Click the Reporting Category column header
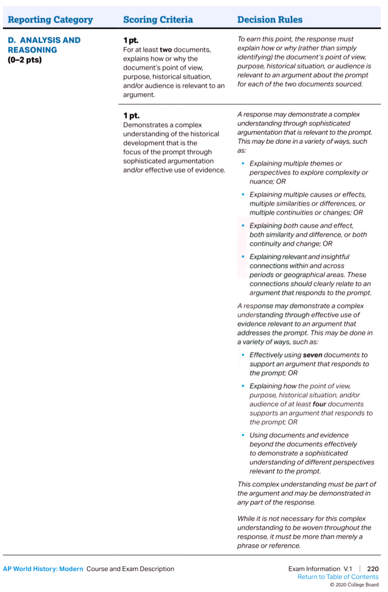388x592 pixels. [x=50, y=20]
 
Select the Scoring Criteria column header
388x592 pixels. [x=158, y=20]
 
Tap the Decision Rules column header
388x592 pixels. [x=270, y=20]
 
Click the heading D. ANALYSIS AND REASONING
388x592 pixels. [x=44, y=45]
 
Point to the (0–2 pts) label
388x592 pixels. [x=25, y=60]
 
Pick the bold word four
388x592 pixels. [x=320, y=404]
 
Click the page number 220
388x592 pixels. [x=372, y=569]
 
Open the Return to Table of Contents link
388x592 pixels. [x=338, y=577]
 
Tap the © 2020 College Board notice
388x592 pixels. [x=354, y=585]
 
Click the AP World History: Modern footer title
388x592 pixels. [x=43, y=569]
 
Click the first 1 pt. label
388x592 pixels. [x=131, y=40]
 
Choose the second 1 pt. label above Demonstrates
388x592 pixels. [x=131, y=115]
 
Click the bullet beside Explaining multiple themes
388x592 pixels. [x=243, y=164]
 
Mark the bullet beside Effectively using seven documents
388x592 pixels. [x=243, y=355]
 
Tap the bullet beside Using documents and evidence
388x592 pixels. [x=243, y=435]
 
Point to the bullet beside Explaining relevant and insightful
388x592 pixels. [x=243, y=257]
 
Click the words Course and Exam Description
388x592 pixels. [x=130, y=569]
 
